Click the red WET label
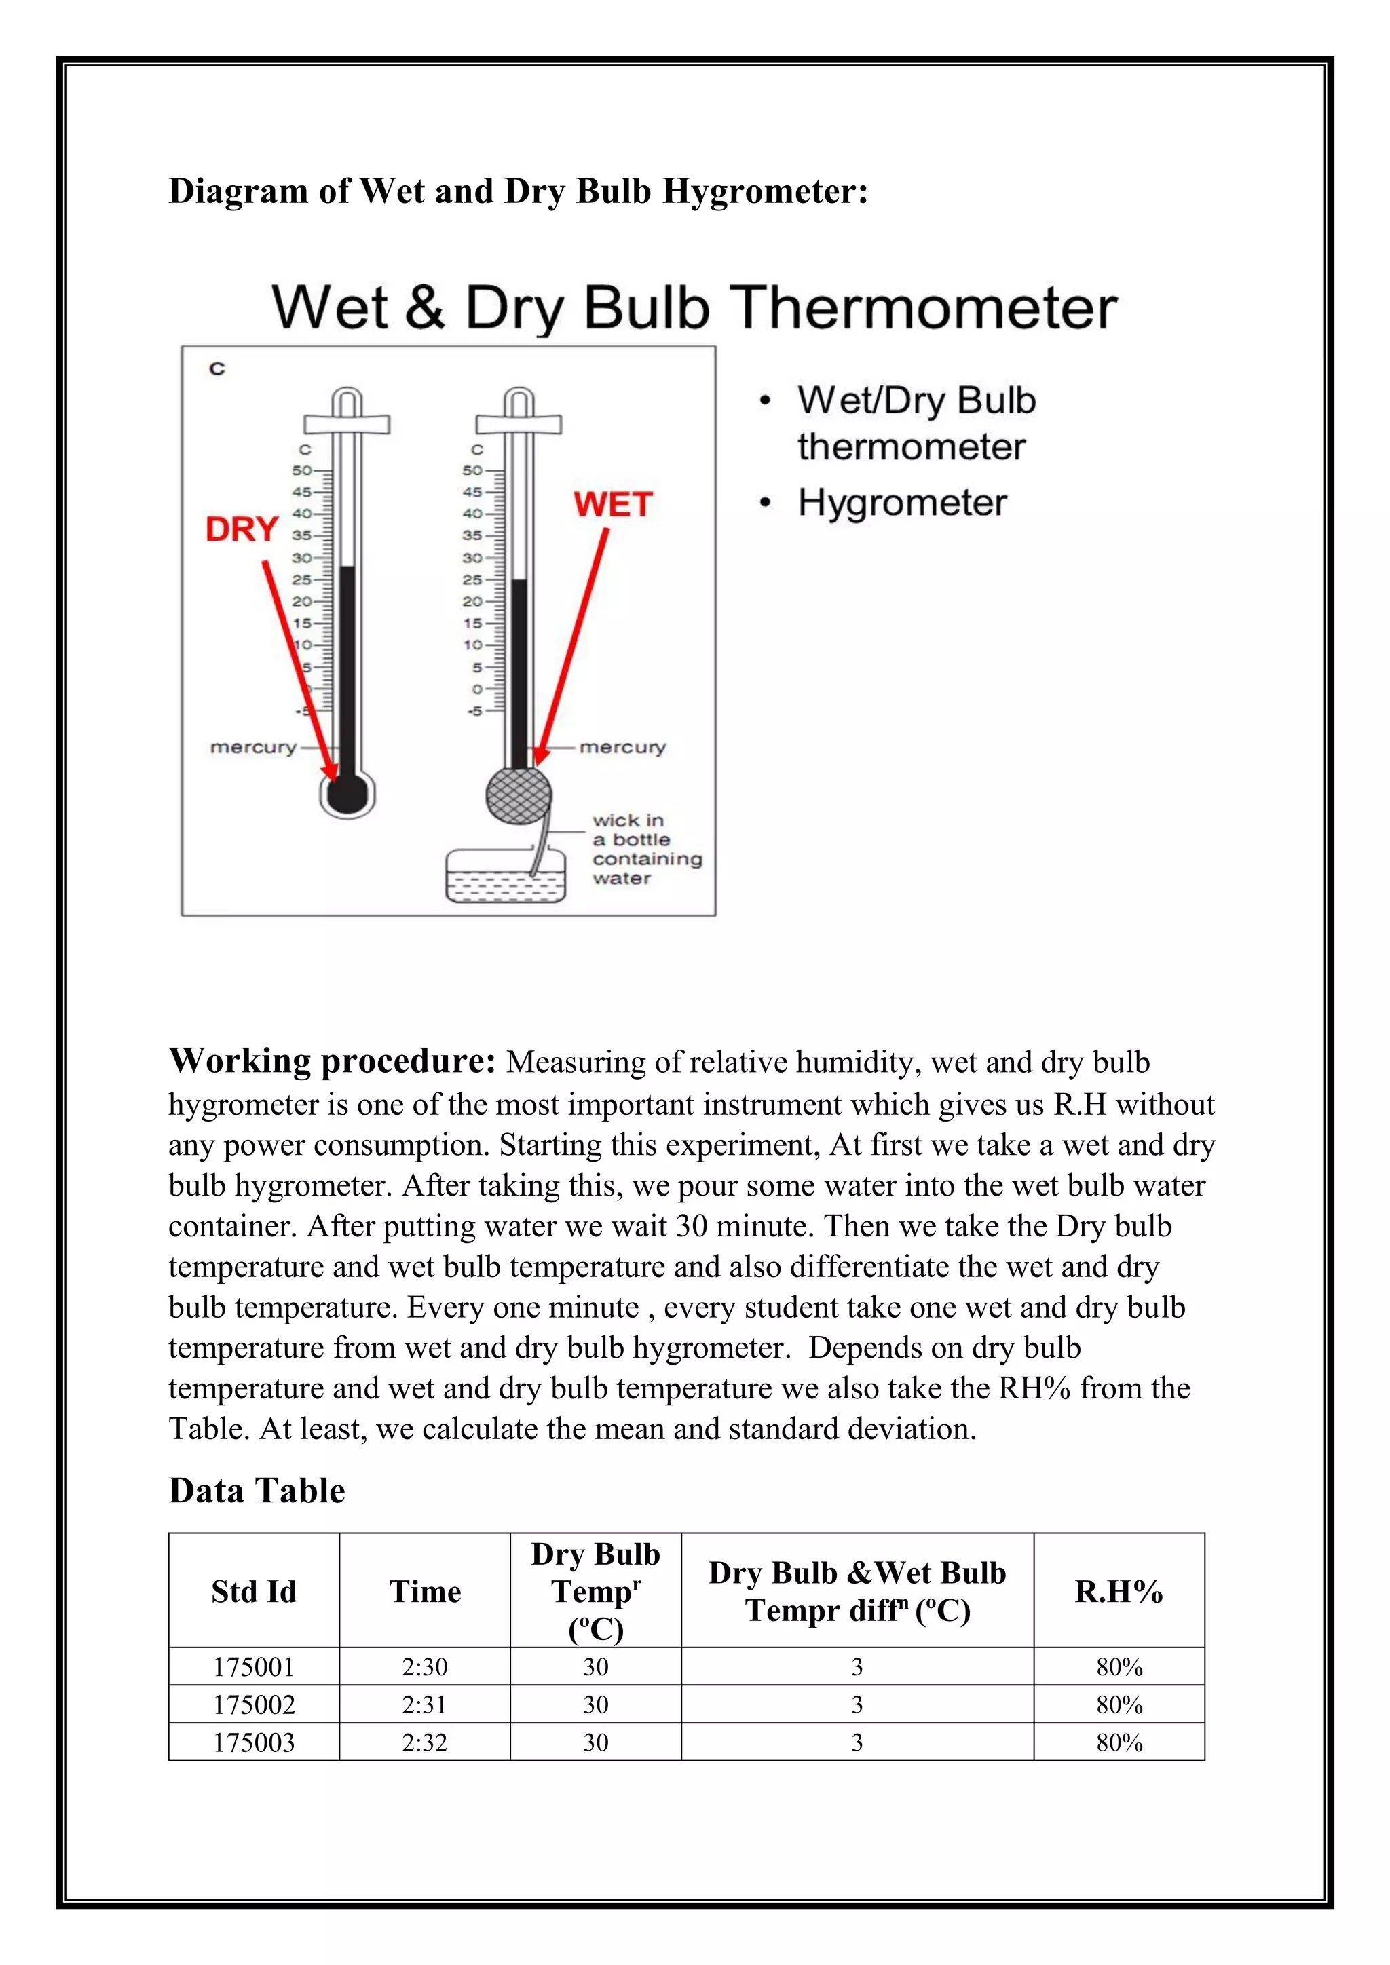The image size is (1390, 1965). (613, 505)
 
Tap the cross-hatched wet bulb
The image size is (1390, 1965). (519, 795)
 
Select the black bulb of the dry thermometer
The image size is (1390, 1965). (347, 795)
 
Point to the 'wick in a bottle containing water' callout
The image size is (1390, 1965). (646, 849)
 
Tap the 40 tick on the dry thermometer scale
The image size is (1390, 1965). (302, 514)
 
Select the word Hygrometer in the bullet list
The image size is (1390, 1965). (902, 502)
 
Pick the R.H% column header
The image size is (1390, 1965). (1119, 1592)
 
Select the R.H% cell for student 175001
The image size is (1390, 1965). (1119, 1667)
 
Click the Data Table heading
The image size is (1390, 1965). (257, 1491)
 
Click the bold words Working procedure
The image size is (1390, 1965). (332, 1061)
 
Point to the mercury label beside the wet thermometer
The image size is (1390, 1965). (622, 747)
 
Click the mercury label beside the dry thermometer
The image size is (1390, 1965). (253, 747)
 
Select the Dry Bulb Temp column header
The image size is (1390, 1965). (596, 1591)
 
